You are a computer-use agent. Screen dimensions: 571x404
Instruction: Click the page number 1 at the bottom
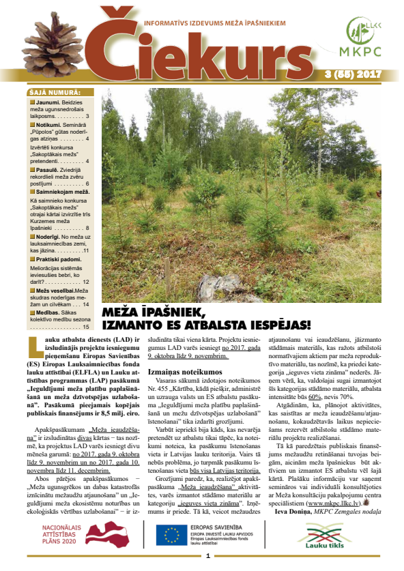pos(207,557)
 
